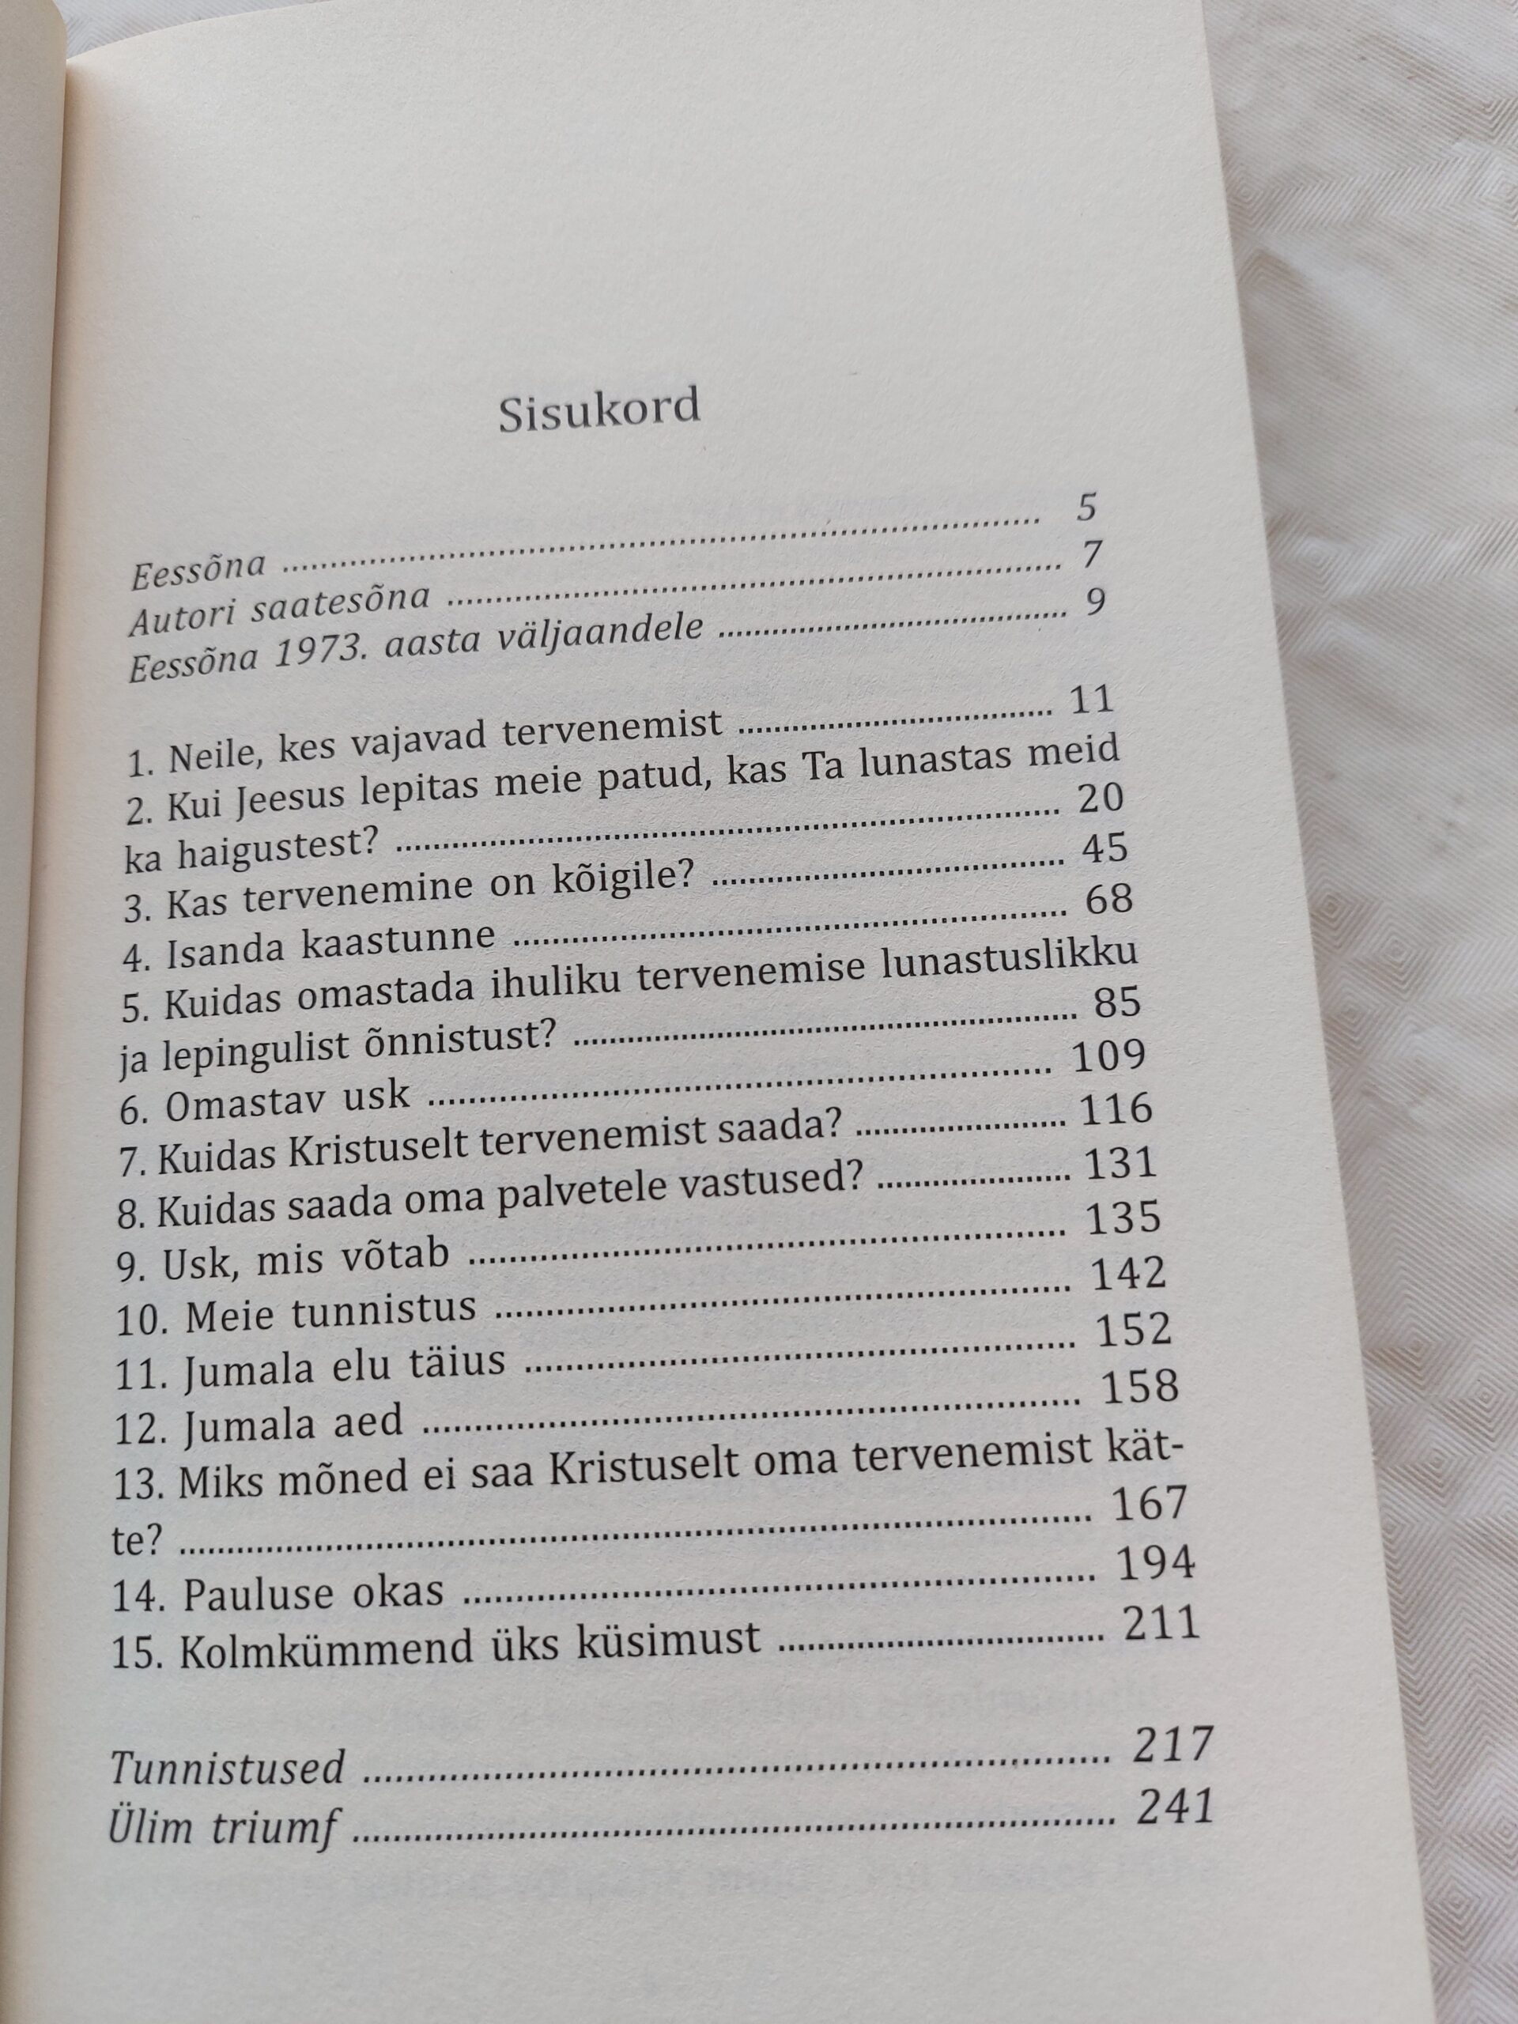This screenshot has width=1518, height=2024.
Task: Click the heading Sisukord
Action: (599, 409)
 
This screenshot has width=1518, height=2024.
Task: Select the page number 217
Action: (1172, 1744)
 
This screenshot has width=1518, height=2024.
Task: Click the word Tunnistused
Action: (227, 1768)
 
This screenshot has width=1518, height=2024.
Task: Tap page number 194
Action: (1156, 1564)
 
